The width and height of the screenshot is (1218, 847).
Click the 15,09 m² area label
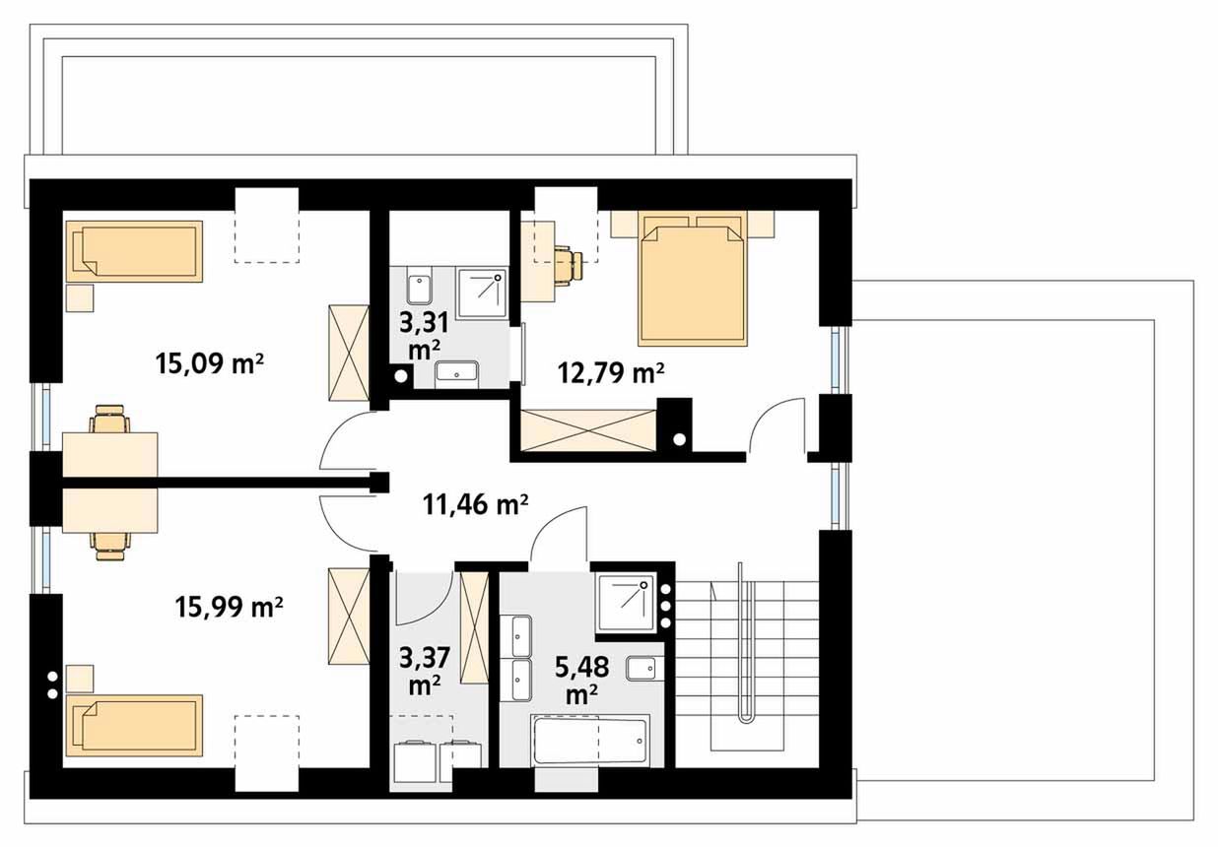209,362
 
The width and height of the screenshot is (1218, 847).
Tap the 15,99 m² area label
229,607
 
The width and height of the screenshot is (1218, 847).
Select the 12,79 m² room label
611,372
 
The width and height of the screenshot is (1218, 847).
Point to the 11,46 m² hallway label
475,504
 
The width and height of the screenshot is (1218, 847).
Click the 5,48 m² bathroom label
581,680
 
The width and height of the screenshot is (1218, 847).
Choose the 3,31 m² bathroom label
424,336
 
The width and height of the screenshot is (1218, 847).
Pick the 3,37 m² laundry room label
425,672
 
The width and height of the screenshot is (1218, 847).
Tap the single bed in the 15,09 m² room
134,251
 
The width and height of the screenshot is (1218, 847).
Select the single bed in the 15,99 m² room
134,725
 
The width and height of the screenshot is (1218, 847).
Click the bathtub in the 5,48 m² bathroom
590,741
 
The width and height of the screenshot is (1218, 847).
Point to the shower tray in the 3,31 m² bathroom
482,293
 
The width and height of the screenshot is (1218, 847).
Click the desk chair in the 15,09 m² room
110,419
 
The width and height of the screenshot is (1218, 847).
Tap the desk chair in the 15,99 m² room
110,546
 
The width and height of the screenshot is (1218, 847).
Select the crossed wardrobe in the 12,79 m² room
587,430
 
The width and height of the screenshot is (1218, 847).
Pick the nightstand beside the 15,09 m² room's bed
80,297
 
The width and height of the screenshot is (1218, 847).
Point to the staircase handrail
747,642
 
